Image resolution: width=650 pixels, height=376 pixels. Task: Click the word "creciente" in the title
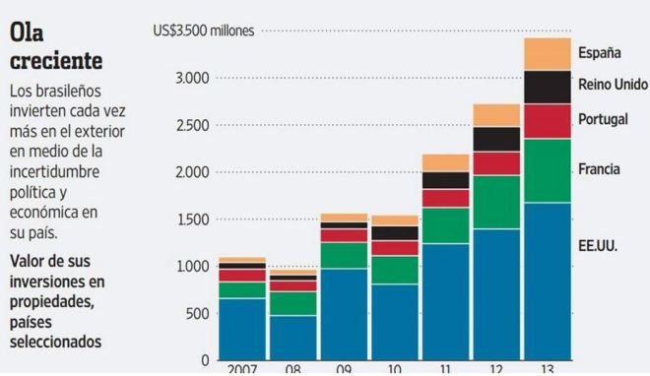(x=55, y=61)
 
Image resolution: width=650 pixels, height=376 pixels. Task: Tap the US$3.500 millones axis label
(x=204, y=31)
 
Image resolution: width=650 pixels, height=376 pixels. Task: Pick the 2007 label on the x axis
(x=242, y=368)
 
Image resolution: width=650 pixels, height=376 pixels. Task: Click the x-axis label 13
(x=547, y=368)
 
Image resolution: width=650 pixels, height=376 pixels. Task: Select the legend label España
(x=599, y=52)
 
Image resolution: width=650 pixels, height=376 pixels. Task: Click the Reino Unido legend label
(x=612, y=85)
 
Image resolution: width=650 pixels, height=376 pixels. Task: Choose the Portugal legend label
(x=603, y=118)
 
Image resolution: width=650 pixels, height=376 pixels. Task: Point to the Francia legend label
(x=599, y=169)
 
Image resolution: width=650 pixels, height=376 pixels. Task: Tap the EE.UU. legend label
(x=598, y=243)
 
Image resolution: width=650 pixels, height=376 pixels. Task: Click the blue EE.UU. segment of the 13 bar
(x=547, y=281)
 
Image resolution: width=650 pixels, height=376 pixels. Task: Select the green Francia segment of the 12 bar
(x=496, y=202)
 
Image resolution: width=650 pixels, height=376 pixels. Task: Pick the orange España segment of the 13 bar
(x=547, y=54)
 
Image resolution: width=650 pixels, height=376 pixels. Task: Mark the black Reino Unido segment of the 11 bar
(x=445, y=180)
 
